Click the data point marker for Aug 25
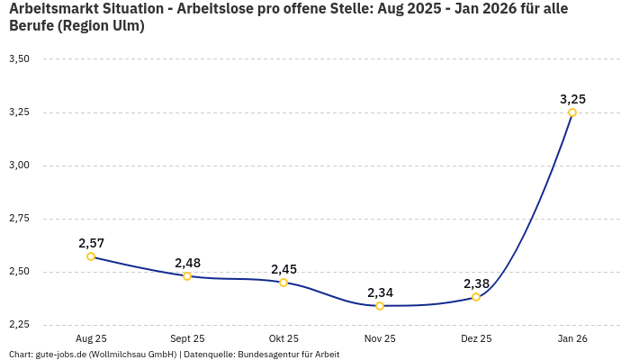point(91,256)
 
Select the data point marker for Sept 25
point(187,276)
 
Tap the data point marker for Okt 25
point(283,283)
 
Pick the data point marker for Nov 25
point(380,306)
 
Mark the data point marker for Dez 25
point(476,297)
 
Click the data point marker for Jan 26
point(572,112)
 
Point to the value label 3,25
point(572,99)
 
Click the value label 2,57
point(91,243)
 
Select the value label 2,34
point(380,292)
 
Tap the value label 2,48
point(187,263)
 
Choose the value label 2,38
point(476,283)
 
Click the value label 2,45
point(283,269)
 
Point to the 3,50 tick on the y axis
point(19,58)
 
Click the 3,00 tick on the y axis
point(19,165)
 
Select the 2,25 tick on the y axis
point(19,324)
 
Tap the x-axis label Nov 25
point(380,338)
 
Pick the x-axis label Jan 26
point(572,338)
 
